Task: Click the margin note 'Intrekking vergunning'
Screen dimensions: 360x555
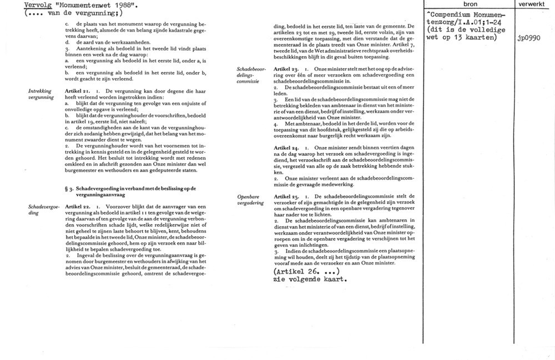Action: point(41,93)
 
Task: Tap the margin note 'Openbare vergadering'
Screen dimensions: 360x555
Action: point(250,200)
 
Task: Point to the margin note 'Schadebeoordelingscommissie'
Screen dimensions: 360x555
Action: point(251,75)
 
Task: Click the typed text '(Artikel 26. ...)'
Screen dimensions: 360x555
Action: point(307,272)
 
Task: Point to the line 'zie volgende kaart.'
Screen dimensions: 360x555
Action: point(310,280)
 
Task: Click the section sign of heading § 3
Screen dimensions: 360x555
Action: point(67,189)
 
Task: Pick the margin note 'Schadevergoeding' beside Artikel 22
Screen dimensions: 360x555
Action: point(41,209)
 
